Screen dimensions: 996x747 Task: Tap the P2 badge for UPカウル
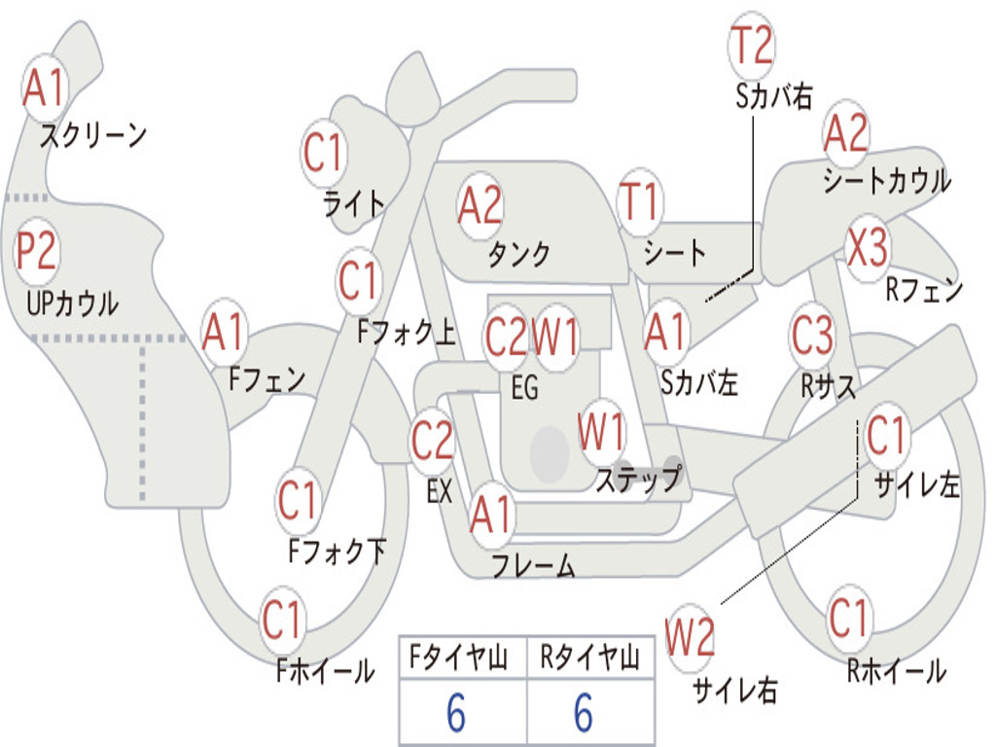[37, 252]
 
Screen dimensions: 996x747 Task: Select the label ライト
[354, 203]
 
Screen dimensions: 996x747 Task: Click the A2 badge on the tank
[480, 204]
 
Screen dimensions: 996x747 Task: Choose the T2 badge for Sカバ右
[751, 45]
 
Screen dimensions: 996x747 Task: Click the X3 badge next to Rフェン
[867, 248]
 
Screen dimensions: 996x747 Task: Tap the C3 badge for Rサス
[812, 336]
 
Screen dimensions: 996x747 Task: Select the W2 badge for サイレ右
[691, 637]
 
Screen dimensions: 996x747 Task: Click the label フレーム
[533, 565]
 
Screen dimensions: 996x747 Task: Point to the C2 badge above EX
[432, 442]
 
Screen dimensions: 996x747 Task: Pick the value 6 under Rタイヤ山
[584, 714]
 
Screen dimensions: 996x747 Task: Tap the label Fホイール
[325, 670]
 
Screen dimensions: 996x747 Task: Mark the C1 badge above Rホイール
[848, 617]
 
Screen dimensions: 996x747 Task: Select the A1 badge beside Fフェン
[225, 334]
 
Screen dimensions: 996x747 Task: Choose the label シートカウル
[886, 181]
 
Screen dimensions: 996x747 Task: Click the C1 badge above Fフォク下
[298, 502]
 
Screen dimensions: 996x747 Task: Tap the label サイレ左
[916, 484]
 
